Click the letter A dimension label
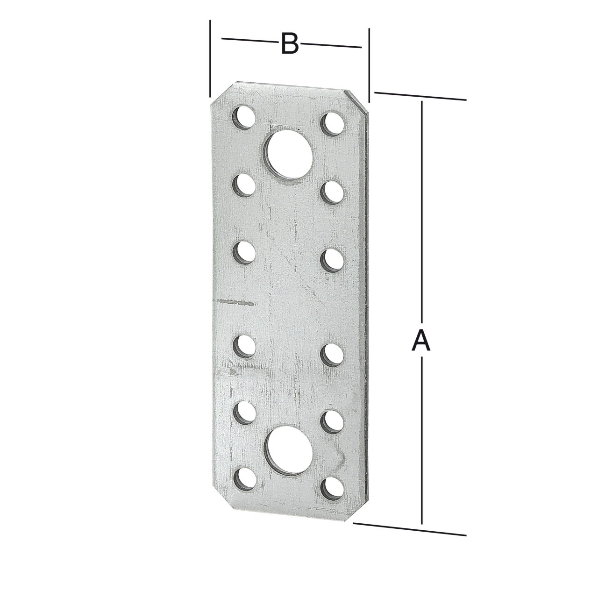tap(421, 340)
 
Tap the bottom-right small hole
tap(332, 486)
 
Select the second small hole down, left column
tap(244, 184)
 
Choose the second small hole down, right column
tap(333, 192)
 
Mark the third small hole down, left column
tap(244, 253)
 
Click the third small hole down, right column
tap(333, 260)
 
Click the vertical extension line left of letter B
tap(211, 58)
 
